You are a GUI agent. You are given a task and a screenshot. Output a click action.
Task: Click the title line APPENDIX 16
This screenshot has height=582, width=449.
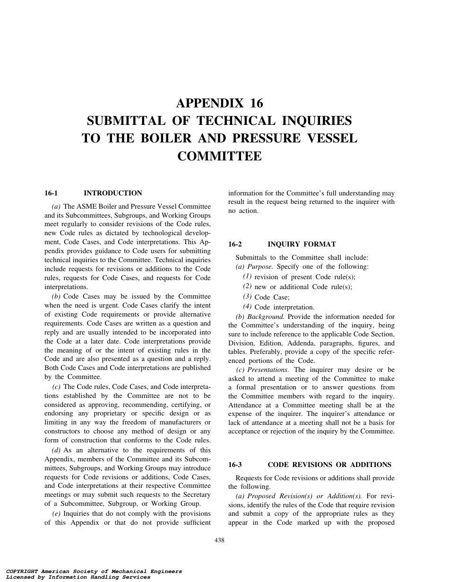click(219, 103)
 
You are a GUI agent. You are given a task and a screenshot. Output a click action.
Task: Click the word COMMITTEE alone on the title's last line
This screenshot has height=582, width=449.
click(219, 156)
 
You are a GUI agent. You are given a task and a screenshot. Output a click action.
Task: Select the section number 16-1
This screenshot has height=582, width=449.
click(51, 193)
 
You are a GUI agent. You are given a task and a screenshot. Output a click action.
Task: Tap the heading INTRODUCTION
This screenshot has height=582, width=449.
click(112, 193)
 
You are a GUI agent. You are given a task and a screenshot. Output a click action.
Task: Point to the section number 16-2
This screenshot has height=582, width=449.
click(235, 244)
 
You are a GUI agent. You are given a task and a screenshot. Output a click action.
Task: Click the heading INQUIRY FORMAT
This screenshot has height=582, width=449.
click(302, 244)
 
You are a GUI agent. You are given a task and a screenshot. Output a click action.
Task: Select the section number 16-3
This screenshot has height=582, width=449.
click(235, 465)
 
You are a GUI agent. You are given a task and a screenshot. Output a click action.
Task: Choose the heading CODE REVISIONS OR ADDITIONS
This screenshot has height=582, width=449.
click(329, 465)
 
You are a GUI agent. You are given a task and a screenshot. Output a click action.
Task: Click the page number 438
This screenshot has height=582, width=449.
click(219, 540)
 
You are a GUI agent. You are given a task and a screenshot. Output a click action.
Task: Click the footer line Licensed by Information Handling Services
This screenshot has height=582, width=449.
click(75, 577)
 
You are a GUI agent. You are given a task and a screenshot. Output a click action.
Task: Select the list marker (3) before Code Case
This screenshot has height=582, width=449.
click(247, 297)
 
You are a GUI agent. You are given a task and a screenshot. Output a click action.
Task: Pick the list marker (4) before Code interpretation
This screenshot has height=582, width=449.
click(247, 307)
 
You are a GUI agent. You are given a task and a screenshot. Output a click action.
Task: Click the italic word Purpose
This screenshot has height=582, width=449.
click(258, 266)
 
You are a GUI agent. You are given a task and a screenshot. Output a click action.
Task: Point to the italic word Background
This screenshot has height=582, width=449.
click(266, 317)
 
